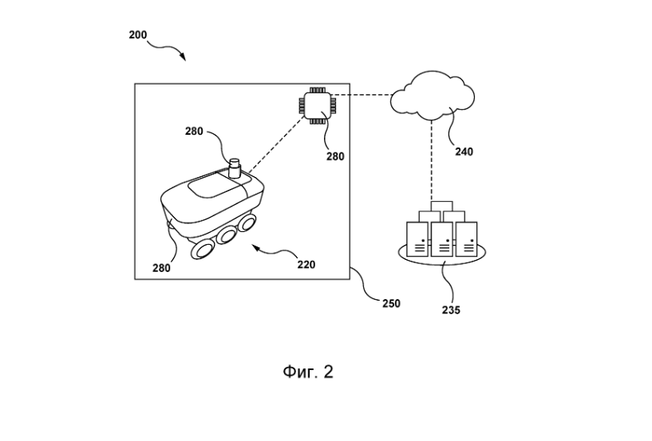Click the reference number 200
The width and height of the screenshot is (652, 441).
tap(136, 35)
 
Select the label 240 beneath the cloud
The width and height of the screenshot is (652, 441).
tap(463, 152)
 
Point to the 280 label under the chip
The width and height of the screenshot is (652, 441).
tap(335, 156)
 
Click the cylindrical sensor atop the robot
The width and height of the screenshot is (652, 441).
tap(235, 169)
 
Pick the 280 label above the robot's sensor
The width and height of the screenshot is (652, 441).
tap(194, 132)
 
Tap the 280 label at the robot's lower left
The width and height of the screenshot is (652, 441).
tap(161, 268)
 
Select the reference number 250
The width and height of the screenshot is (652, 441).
tap(390, 303)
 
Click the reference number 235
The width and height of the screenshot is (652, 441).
tap(450, 309)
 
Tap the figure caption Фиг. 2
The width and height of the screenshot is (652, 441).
tap(307, 372)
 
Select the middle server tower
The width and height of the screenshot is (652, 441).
tap(442, 238)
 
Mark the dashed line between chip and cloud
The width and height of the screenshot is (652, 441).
tap(363, 96)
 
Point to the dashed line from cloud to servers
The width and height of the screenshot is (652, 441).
tap(432, 159)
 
